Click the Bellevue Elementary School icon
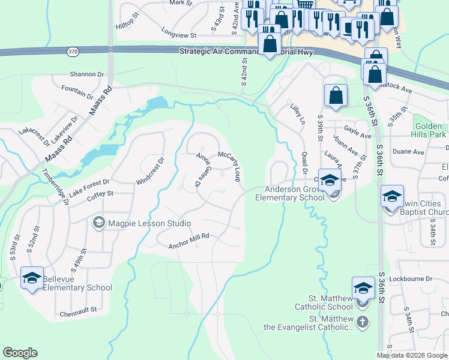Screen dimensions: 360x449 point(32,277)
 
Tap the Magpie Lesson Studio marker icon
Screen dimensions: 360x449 point(98,223)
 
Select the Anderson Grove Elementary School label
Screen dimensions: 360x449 point(290,193)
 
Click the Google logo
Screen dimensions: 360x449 point(20,353)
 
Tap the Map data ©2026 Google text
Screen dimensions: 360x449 point(412,355)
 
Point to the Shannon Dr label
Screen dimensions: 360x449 point(86,74)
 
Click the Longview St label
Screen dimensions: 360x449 point(179,35)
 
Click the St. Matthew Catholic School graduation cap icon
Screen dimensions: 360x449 point(363,288)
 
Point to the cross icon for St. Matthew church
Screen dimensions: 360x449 point(362,322)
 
